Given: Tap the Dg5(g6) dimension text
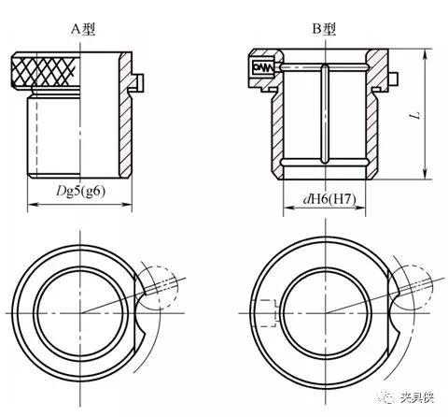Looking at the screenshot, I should click(80, 193).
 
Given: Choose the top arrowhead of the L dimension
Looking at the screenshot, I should click(427, 51).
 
